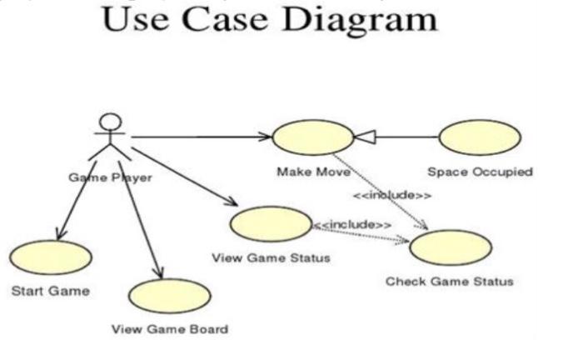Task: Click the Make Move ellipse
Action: (313, 136)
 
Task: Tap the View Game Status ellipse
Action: (269, 224)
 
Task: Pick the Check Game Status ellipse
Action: (450, 248)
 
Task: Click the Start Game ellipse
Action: (51, 258)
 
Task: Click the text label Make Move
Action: (313, 172)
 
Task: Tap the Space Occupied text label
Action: (480, 172)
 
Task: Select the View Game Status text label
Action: (271, 257)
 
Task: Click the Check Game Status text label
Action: (450, 282)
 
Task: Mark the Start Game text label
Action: (50, 291)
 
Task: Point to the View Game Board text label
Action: (170, 329)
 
